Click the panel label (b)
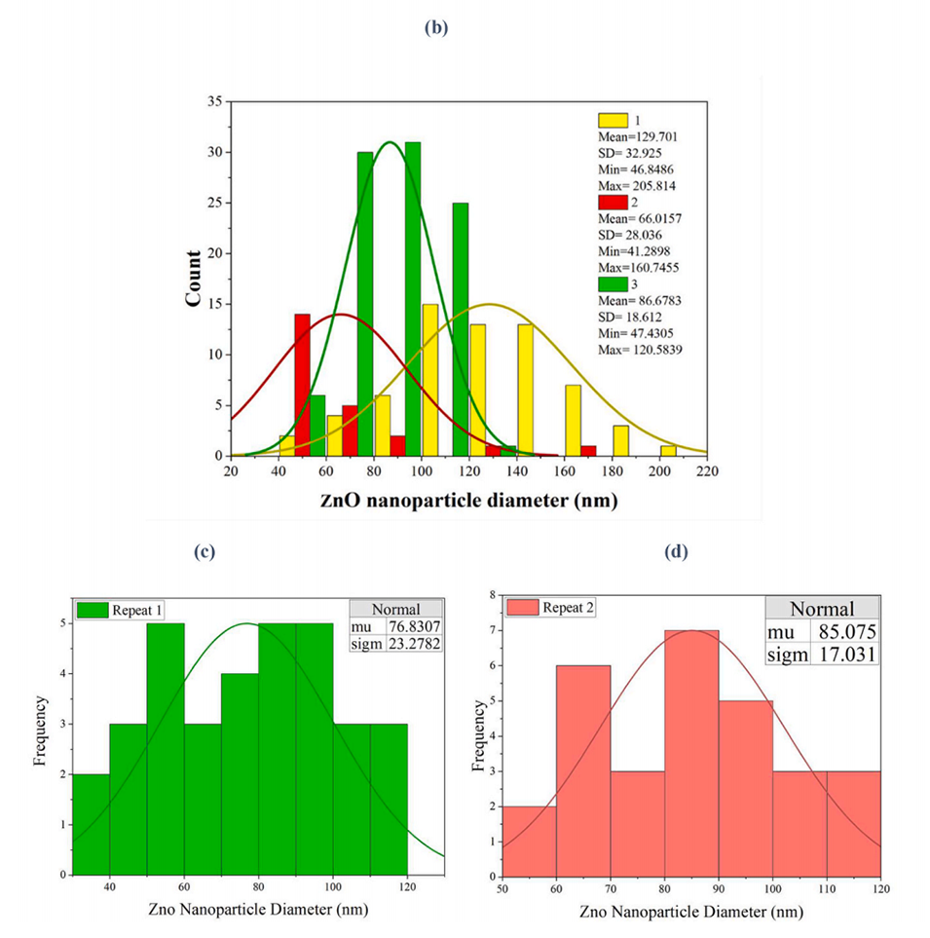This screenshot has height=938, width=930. [436, 28]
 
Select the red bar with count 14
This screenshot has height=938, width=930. [302, 385]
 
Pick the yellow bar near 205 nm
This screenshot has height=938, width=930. [668, 450]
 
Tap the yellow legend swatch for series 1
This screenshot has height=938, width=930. [613, 120]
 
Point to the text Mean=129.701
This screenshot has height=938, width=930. [637, 136]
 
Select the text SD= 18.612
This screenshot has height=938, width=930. [630, 318]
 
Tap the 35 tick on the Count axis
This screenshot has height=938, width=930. [213, 101]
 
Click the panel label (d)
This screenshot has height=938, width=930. [675, 552]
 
